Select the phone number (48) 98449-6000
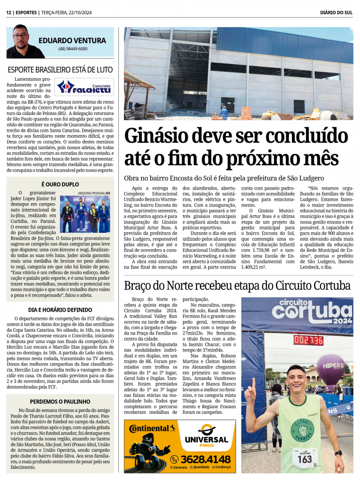pos(72,49)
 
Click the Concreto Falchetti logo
pos(84,87)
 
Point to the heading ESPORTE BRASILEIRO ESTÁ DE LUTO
pos(60,69)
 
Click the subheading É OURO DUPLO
pos(60,184)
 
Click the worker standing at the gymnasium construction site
pos(224,113)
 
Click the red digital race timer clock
pos(308,340)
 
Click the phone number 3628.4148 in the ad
pos(207,459)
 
